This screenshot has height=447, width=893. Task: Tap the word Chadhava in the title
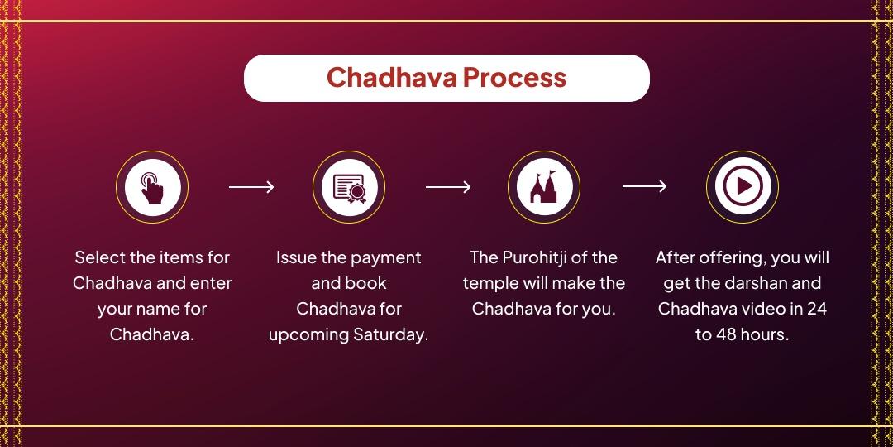391,78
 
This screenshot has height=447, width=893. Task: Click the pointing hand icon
152,187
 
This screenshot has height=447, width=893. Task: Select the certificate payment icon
349,187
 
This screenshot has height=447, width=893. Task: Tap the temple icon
543,187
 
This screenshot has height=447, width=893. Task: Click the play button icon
743,187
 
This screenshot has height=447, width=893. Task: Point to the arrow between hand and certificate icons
251,187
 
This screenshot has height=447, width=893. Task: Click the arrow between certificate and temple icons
447,187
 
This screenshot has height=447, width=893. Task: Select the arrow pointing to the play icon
644,187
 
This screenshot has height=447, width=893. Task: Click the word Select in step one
100,257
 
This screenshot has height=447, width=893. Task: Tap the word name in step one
162,309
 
